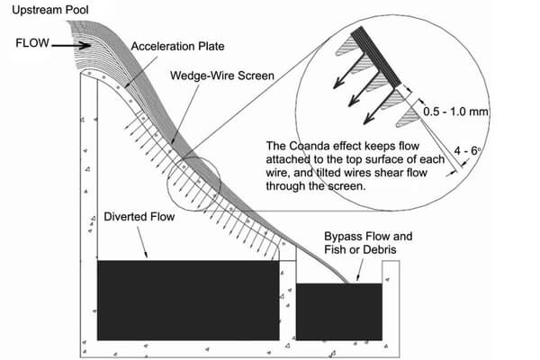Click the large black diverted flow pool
tap(187, 300)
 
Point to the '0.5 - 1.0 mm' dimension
tap(454, 111)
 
